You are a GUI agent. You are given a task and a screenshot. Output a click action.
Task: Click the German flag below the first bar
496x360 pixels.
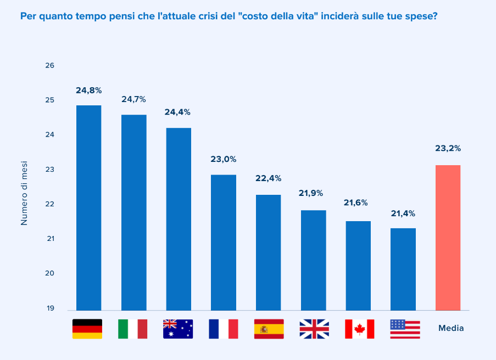coord(87,329)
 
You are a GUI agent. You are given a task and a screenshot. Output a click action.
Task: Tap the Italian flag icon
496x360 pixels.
coord(132,329)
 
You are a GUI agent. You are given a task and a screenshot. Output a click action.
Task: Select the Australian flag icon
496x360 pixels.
coord(178,329)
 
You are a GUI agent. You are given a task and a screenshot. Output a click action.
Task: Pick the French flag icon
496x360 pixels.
coord(223,329)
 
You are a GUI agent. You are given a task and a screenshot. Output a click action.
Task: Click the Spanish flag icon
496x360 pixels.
coord(269,329)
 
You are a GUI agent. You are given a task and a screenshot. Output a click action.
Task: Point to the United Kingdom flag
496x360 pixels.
coord(314,329)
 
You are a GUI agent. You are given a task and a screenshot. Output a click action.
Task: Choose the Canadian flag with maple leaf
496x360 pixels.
coord(359,329)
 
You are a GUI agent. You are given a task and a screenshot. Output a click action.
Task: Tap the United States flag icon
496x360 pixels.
coord(405,329)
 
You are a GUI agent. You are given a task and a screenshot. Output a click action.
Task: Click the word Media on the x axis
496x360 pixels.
coord(451,328)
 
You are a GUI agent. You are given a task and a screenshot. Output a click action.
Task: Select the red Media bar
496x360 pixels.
coord(448,238)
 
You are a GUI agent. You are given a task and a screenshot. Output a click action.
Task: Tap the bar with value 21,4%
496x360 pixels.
coord(403,269)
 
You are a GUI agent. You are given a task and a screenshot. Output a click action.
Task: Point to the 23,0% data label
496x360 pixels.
coord(224,159)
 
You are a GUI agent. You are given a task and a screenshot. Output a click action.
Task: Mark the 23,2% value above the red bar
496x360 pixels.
coord(448,148)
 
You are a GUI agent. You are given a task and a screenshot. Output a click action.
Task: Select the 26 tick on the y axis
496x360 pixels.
coord(50,65)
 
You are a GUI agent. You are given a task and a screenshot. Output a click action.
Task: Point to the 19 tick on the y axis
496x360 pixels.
coord(50,308)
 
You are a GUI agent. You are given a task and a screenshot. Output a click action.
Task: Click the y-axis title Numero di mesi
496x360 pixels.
coord(24,193)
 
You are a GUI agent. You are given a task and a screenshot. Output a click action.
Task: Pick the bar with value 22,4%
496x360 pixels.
coord(268,252)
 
